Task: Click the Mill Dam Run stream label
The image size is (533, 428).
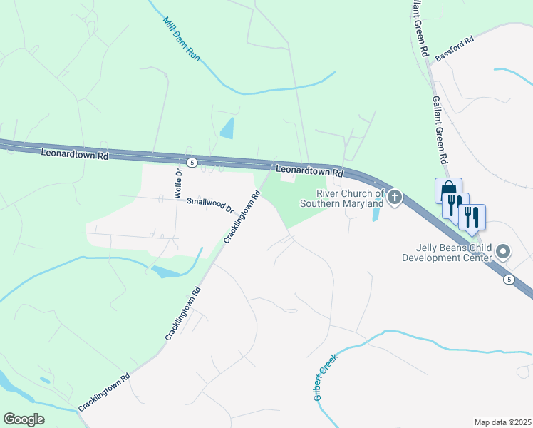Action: [182, 40]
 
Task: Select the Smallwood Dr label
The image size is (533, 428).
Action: [210, 205]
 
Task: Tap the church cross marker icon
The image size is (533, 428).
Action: [395, 198]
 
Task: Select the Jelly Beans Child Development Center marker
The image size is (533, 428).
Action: [504, 251]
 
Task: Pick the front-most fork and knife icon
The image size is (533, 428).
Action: [472, 216]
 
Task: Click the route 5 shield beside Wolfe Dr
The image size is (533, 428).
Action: [192, 163]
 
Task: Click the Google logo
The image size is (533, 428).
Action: [24, 419]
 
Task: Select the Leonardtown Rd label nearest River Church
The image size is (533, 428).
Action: [310, 172]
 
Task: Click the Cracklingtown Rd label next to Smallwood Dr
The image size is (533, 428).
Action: [242, 217]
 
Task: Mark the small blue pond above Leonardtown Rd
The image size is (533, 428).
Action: [227, 129]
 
